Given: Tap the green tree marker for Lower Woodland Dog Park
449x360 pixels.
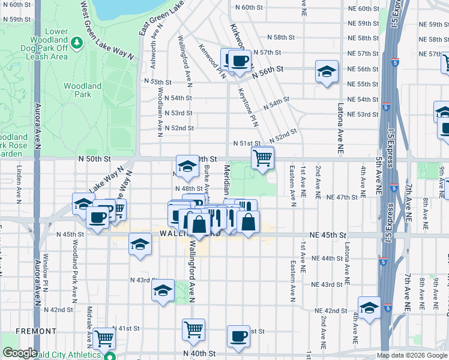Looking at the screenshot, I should (x=76, y=43).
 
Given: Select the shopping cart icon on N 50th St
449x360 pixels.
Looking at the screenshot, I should (x=262, y=159).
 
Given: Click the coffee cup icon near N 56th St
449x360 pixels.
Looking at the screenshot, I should (x=240, y=61).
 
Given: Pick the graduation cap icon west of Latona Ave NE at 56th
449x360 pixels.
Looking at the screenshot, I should (x=326, y=72).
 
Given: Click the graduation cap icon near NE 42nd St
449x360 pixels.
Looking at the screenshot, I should (x=369, y=307).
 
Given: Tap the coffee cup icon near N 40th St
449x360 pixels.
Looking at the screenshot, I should (x=238, y=337).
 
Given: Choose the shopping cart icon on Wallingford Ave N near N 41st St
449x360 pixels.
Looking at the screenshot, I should (x=193, y=329).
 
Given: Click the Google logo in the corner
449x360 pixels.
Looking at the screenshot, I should (x=20, y=353).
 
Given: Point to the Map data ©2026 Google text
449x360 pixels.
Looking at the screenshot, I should (x=412, y=355).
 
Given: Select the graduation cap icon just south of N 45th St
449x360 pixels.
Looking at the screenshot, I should (x=140, y=245).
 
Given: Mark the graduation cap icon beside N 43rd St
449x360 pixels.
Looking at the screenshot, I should (x=163, y=291).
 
